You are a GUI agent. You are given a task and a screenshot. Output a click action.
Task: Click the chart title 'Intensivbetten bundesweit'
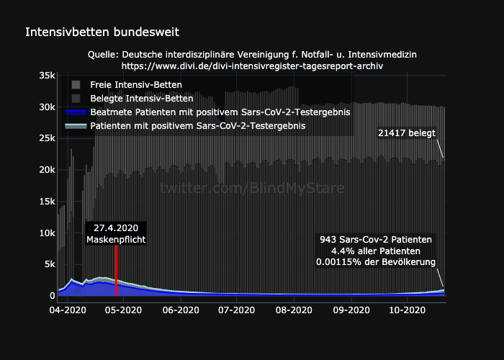click(x=102, y=32)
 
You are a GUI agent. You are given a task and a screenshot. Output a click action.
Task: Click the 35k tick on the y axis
click(x=46, y=76)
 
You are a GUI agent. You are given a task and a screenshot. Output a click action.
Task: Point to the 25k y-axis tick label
click(x=46, y=138)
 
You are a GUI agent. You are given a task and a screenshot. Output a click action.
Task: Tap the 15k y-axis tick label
click(x=46, y=201)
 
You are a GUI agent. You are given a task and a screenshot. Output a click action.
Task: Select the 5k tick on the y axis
click(x=48, y=264)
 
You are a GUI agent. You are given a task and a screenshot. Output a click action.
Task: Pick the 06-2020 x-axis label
click(x=180, y=310)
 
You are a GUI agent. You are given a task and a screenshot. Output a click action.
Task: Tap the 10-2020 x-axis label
click(x=405, y=310)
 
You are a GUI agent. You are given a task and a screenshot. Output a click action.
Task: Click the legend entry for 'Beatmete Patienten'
click(x=220, y=112)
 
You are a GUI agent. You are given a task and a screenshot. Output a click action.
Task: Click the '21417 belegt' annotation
click(x=406, y=133)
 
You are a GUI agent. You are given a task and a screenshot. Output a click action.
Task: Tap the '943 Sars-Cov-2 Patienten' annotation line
click(x=376, y=239)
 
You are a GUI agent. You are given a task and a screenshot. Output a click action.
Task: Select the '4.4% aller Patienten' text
click(x=376, y=251)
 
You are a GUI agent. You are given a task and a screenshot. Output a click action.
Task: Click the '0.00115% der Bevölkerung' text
click(x=376, y=262)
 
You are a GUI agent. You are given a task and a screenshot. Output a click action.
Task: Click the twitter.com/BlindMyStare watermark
click(x=252, y=188)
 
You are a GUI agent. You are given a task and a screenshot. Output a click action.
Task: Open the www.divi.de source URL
click(x=252, y=66)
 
